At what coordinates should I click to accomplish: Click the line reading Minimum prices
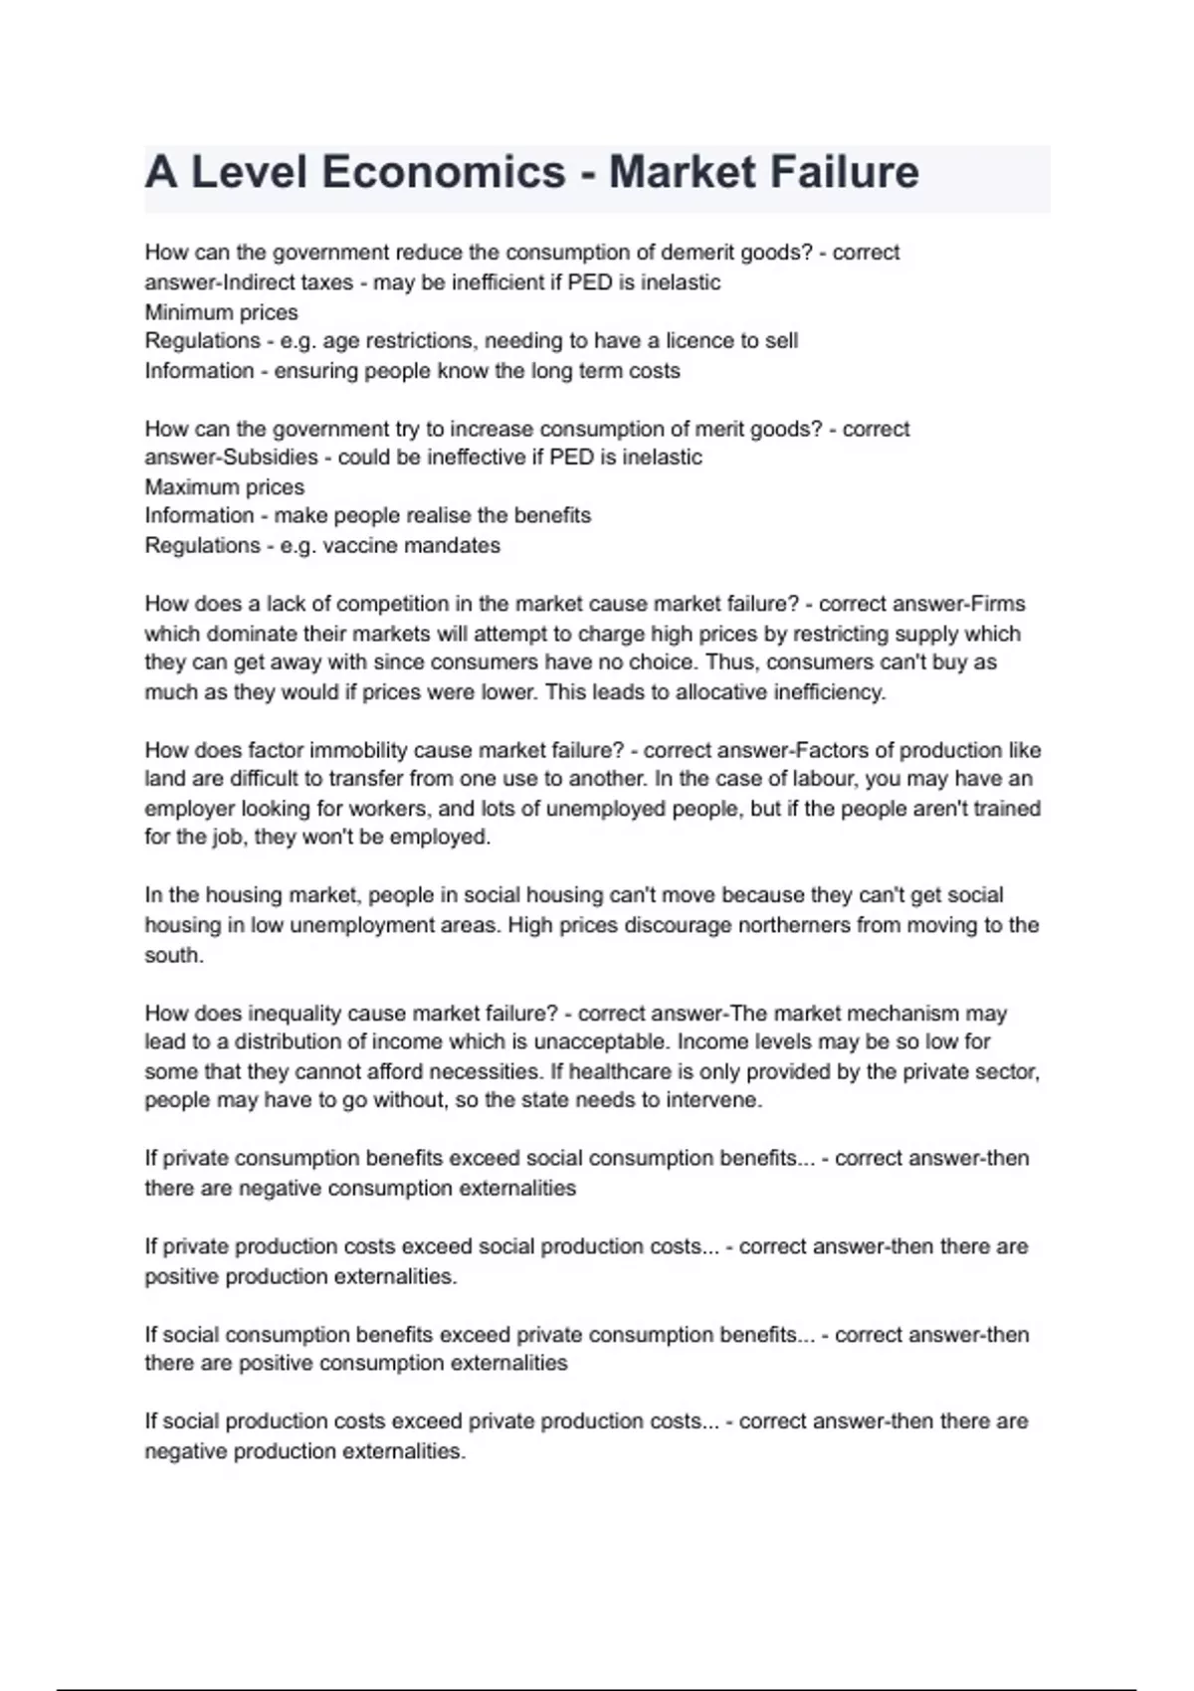click(x=221, y=312)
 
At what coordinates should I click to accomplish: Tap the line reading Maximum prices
click(x=224, y=487)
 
